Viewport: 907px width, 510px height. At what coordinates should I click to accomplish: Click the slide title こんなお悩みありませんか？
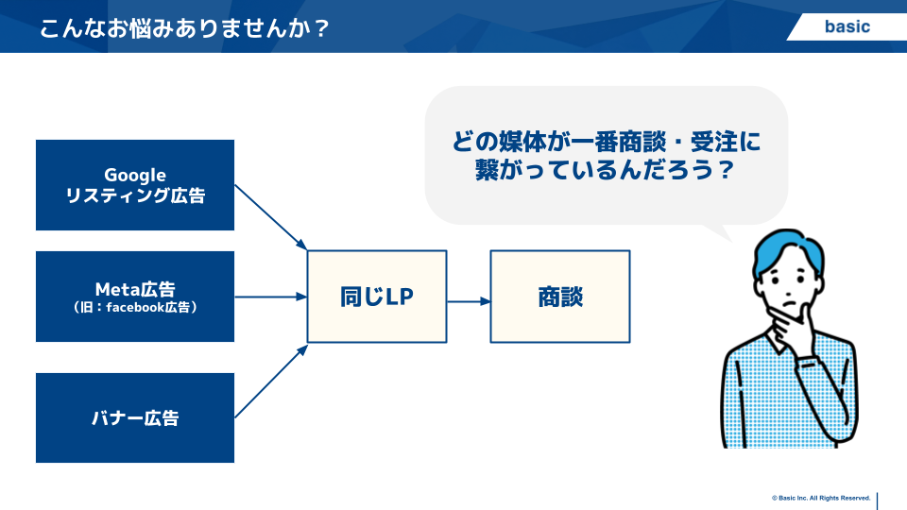[184, 27]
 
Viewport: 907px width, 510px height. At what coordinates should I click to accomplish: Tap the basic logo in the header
[847, 26]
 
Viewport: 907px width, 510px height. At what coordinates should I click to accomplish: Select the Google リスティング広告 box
[135, 185]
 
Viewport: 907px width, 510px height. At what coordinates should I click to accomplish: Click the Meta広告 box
[135, 296]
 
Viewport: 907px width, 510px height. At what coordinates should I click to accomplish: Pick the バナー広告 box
[135, 417]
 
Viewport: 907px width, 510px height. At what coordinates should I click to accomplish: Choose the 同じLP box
[377, 297]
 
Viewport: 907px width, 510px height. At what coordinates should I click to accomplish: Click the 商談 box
[560, 297]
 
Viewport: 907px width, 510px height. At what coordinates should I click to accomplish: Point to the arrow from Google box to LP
[271, 217]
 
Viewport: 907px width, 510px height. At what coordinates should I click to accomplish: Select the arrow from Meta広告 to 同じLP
[271, 297]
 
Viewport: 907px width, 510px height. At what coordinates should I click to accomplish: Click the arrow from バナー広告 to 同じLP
[271, 381]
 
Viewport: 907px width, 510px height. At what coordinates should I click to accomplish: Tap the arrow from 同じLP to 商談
[469, 301]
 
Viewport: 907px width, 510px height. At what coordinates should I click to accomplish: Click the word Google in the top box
[135, 176]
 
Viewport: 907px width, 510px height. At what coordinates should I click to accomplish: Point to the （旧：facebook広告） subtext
[135, 308]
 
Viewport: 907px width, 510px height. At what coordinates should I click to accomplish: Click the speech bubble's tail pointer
[717, 231]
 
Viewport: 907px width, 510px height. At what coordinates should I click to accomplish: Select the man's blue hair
[787, 249]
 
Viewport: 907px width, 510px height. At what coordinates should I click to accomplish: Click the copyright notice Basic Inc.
[821, 498]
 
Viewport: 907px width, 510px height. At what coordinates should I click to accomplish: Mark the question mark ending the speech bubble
[726, 170]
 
